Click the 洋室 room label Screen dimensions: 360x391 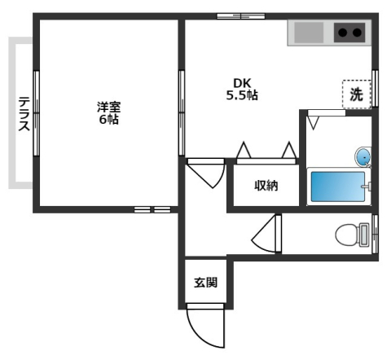coord(108,106)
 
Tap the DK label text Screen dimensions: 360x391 coord(242,82)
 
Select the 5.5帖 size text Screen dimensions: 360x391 coord(242,95)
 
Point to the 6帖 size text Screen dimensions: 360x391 coord(108,119)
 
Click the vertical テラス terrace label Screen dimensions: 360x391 coord(24,115)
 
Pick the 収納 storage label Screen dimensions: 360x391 coord(266,186)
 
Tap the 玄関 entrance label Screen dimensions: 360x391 coord(205,283)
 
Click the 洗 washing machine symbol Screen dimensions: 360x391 coord(356,94)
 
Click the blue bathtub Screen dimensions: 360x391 coord(337,187)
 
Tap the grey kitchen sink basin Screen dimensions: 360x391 coord(308,33)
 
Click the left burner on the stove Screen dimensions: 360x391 coord(343,33)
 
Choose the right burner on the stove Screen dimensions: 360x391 coord(357,33)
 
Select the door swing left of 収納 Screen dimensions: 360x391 coord(209,173)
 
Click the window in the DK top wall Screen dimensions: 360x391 coord(234,15)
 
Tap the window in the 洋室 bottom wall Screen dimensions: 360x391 coord(153,209)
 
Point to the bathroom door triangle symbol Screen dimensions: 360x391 coord(314,123)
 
